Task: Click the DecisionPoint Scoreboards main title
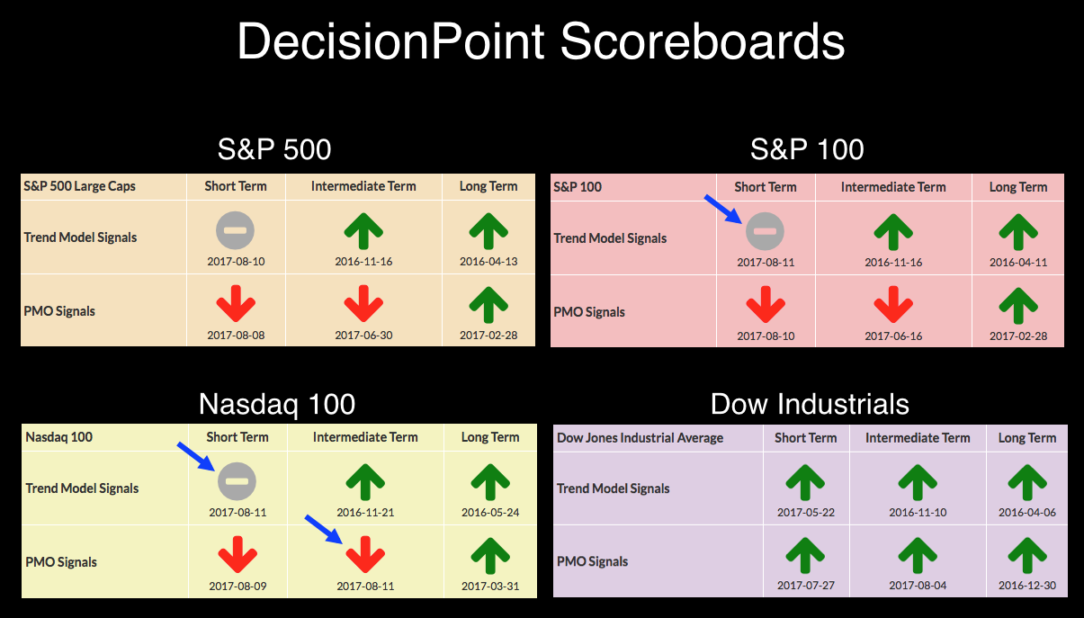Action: [541, 41]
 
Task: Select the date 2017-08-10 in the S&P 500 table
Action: [236, 262]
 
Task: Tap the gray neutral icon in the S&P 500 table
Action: [235, 230]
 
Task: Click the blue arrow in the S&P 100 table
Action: [723, 209]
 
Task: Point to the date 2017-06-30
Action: [363, 335]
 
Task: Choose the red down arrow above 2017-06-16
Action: [893, 304]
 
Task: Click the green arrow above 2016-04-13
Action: [488, 231]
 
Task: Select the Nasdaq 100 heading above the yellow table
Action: [277, 404]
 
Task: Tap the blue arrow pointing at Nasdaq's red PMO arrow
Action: [323, 530]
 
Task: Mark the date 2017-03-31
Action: [490, 586]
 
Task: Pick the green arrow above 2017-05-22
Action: [805, 482]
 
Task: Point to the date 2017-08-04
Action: [918, 585]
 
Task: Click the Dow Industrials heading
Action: [810, 404]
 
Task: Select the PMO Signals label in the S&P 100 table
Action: [589, 312]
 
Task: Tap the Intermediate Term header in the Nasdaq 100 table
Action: [365, 437]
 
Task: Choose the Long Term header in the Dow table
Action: [1027, 438]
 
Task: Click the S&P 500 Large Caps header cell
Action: [79, 186]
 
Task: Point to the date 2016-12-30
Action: [1027, 585]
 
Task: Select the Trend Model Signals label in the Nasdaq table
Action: [82, 488]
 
